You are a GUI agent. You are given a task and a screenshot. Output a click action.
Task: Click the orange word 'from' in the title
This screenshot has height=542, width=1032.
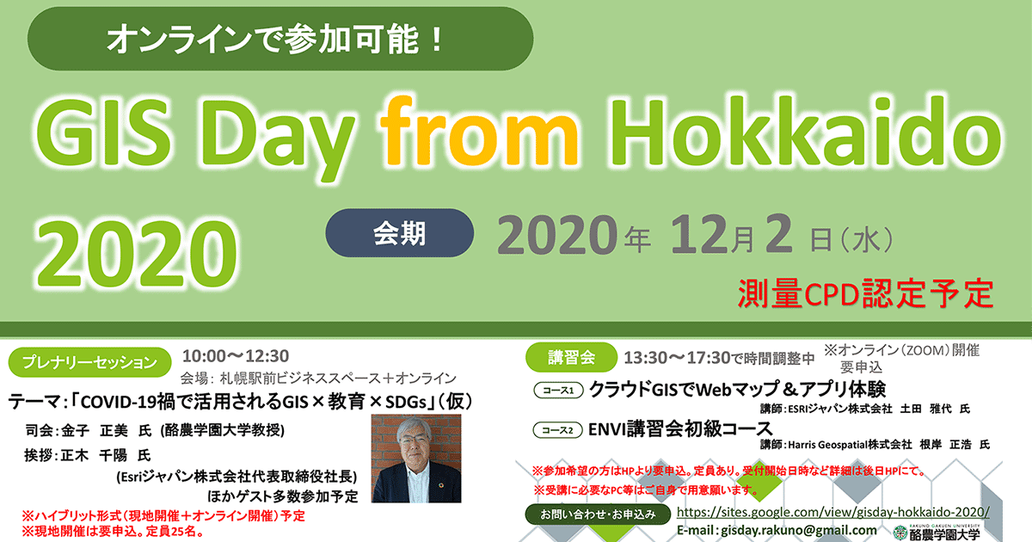479,131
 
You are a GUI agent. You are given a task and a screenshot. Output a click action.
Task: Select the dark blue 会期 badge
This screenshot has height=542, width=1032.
399,233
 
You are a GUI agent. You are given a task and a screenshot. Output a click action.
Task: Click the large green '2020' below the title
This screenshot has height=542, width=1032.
137,254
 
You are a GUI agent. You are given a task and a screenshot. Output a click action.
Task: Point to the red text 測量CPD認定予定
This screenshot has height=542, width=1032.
865,293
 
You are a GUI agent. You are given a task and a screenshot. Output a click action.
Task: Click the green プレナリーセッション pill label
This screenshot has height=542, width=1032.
89,362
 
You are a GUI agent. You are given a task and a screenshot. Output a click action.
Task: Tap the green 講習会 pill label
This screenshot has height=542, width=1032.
571,357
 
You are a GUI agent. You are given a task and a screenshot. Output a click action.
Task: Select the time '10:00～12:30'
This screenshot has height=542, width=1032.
236,356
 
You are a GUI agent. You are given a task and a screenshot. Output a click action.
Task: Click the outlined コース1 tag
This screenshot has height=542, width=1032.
558,391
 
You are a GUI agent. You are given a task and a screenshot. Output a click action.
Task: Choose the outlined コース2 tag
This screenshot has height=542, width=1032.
557,430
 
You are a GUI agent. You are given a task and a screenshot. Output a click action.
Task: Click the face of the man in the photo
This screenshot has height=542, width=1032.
414,441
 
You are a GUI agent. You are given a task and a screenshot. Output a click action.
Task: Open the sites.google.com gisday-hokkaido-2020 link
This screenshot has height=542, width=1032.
833,512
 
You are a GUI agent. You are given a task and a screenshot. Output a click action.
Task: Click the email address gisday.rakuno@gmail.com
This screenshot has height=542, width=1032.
798,531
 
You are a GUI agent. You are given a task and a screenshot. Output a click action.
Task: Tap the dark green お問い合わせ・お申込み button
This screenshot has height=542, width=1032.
598,514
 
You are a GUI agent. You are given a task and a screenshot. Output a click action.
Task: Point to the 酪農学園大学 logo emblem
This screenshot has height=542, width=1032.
900,533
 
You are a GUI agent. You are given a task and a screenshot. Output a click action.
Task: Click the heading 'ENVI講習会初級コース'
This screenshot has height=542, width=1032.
680,429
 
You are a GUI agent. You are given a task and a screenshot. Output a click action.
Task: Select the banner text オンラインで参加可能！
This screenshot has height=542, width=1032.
275,40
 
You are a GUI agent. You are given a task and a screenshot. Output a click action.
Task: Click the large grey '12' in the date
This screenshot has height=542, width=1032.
700,235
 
